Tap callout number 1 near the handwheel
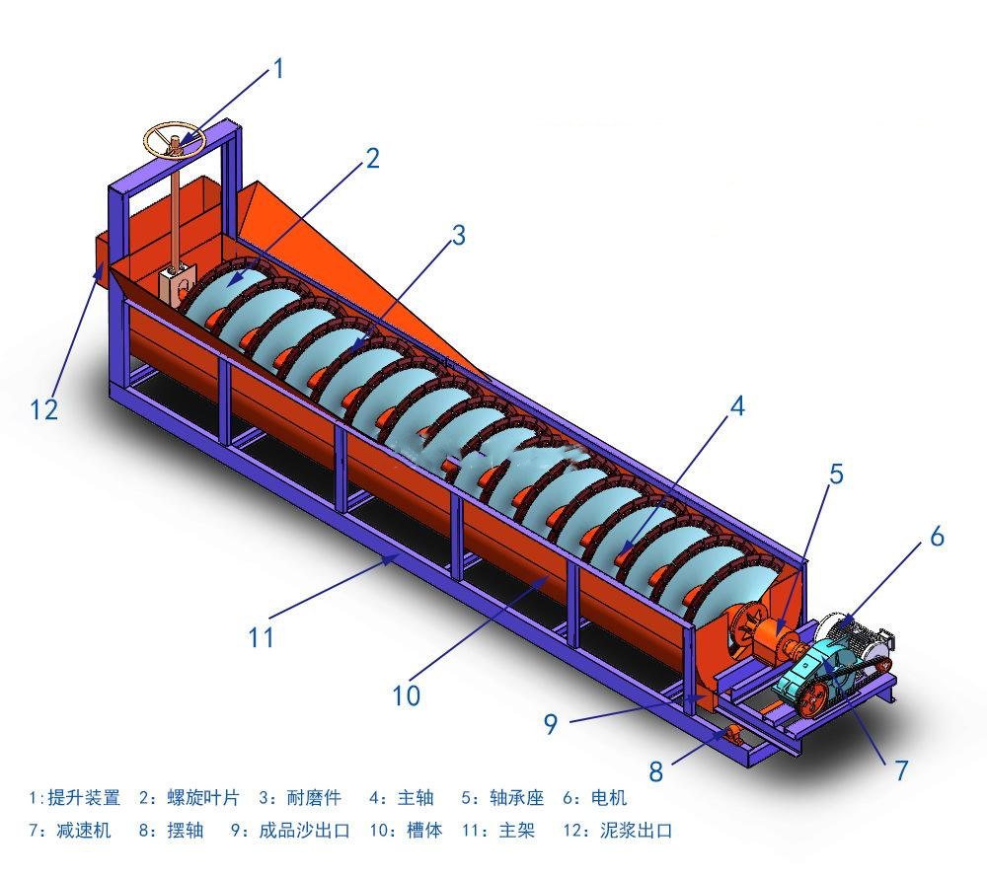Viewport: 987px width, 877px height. pos(278,69)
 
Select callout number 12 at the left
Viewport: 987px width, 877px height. pos(44,410)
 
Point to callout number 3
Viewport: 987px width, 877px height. pos(459,236)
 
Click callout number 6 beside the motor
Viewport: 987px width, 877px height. pos(938,536)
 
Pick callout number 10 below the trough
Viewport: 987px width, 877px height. pos(406,695)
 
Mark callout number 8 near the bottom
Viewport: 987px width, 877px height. pos(656,771)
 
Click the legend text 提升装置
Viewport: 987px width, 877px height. pos(84,798)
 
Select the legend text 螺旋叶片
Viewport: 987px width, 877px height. pos(203,798)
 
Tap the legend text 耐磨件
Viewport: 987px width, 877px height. pos(314,798)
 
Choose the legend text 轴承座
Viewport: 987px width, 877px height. pos(517,798)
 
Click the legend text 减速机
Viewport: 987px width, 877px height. pos(84,831)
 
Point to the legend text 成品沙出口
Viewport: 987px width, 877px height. pos(305,831)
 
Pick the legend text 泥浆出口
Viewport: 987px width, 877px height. pos(637,831)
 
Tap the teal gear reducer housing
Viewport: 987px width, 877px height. pos(809,672)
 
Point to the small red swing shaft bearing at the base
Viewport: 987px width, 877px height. pos(732,733)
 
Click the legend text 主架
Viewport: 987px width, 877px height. pos(517,831)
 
